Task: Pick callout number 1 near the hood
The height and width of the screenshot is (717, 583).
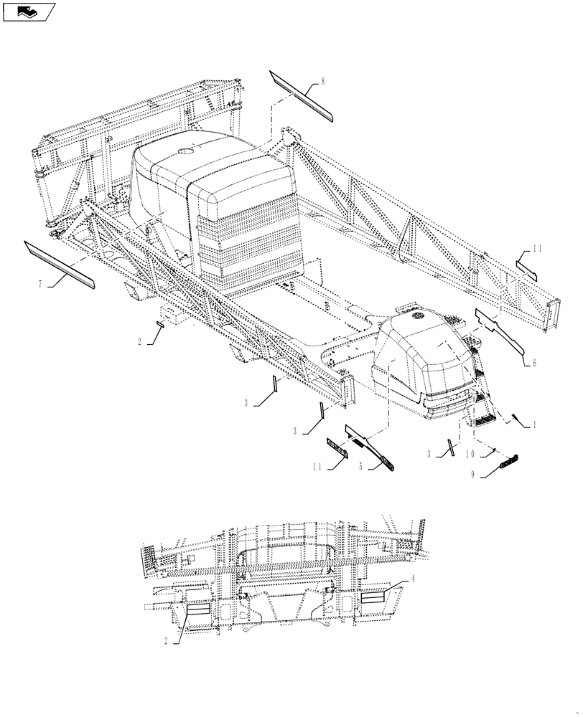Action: click(533, 424)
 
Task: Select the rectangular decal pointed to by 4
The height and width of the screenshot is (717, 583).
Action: click(376, 597)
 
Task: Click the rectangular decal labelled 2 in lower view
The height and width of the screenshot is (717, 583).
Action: click(197, 609)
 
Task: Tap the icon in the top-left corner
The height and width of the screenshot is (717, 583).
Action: click(28, 11)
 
